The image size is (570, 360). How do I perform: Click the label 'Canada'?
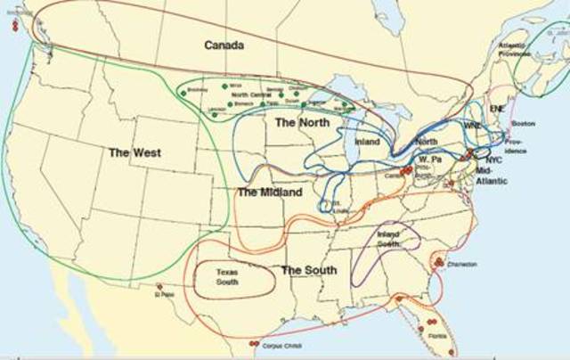coord(224,45)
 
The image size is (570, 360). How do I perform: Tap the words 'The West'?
coord(134,153)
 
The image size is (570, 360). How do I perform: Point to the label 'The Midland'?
coord(270,192)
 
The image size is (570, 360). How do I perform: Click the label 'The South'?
coord(309,269)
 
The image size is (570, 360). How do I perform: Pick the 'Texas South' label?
coord(227,277)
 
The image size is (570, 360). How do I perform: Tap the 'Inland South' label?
coord(387,238)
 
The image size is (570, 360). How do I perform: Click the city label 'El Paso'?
coord(165,294)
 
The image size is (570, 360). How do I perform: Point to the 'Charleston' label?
coord(462,265)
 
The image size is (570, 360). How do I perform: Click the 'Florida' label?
coord(436,336)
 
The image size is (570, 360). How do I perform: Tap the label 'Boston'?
coord(523,123)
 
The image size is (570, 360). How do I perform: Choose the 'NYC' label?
coord(493,160)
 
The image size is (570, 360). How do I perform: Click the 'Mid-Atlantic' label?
coord(492,175)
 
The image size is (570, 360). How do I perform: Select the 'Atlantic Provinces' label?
coord(515,49)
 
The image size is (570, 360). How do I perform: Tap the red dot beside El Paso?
coord(158,286)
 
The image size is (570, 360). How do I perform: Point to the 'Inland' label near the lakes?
coord(366,142)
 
